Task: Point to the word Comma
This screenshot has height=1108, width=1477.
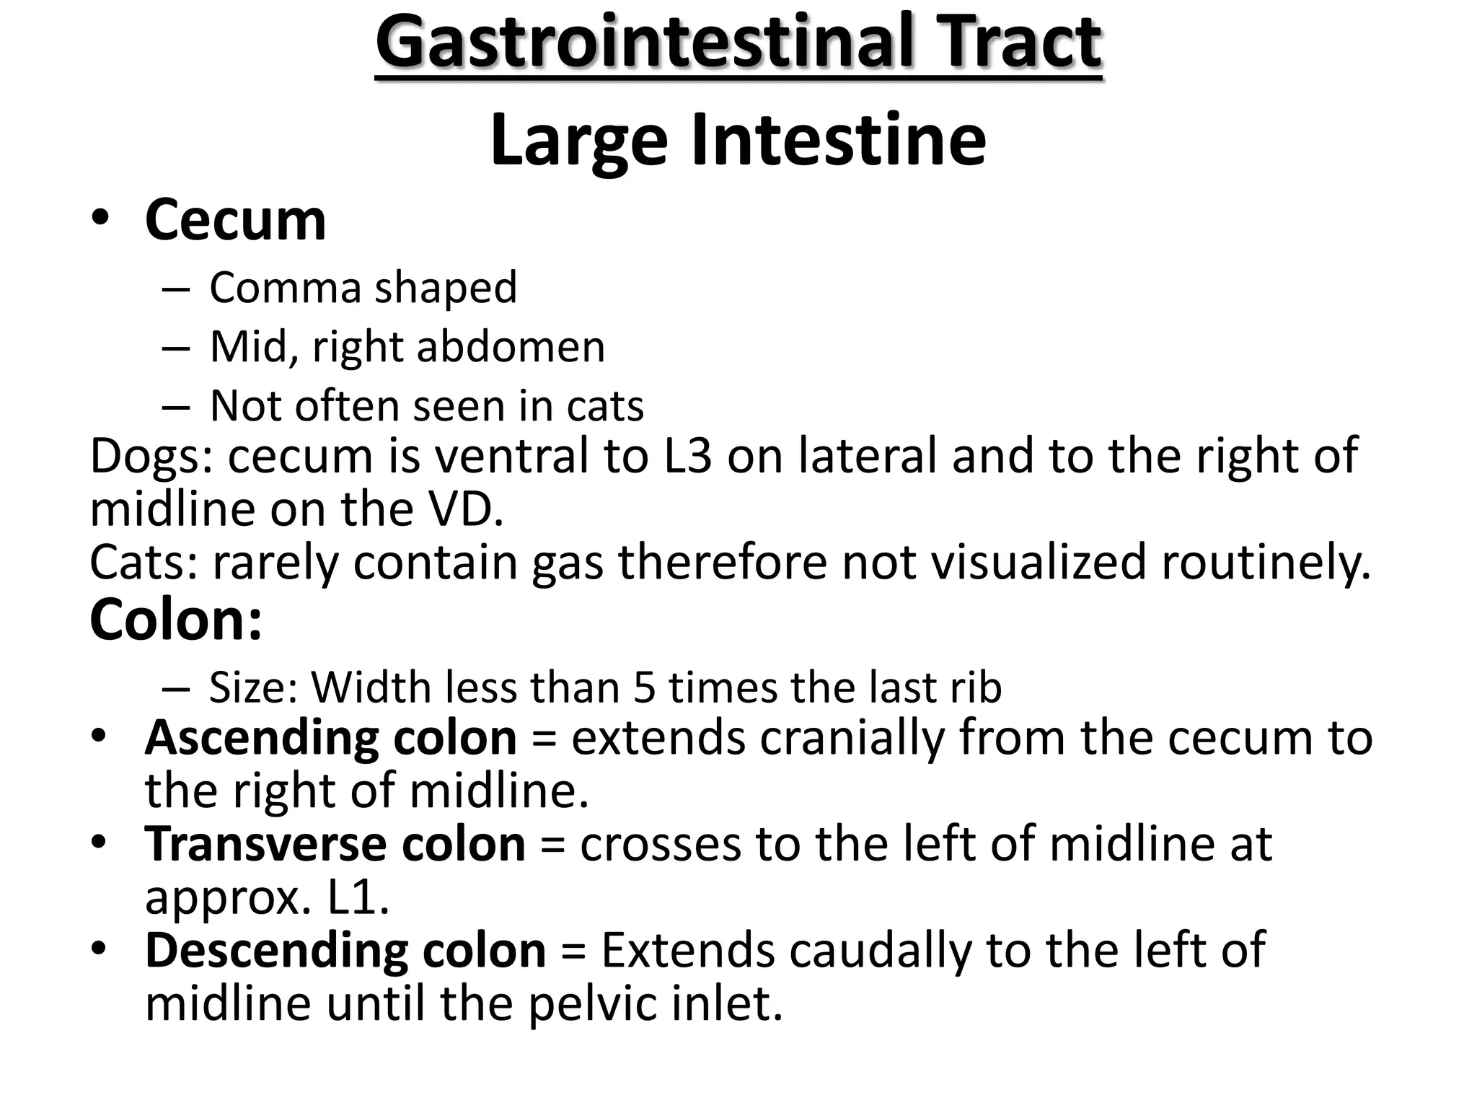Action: point(285,287)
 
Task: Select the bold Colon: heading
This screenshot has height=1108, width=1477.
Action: point(175,620)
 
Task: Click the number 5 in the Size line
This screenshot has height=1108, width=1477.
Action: point(644,687)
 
